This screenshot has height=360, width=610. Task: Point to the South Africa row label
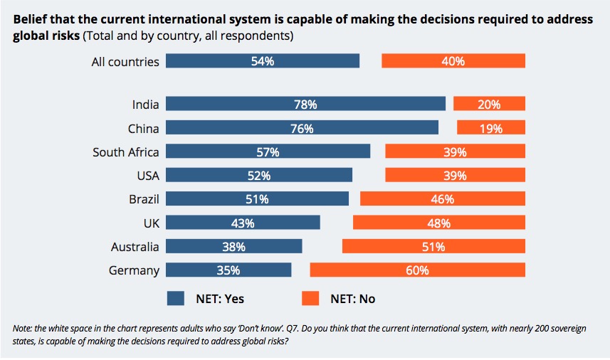pos(126,152)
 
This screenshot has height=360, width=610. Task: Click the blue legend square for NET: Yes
pos(175,298)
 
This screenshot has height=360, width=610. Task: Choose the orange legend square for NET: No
pos(310,298)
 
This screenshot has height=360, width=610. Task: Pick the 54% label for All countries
pos(263,61)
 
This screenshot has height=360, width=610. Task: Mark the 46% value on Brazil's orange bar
pos(443,199)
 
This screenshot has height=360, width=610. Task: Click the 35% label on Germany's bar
pos(228,270)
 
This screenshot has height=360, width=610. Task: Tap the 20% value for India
pos(489,105)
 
